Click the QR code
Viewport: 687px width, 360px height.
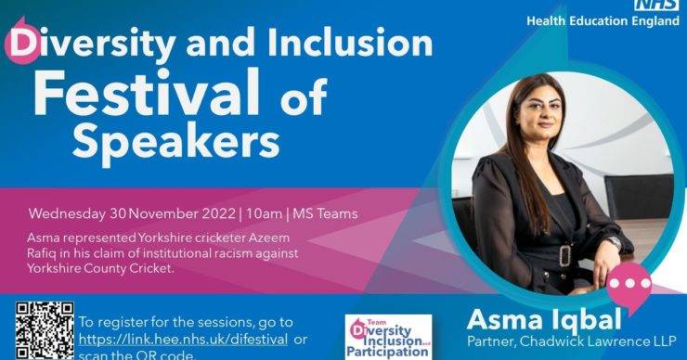[44, 330]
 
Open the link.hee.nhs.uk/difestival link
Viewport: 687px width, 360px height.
[182, 340]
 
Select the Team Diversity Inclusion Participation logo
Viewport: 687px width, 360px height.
[387, 337]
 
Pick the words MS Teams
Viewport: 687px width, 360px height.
[325, 214]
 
